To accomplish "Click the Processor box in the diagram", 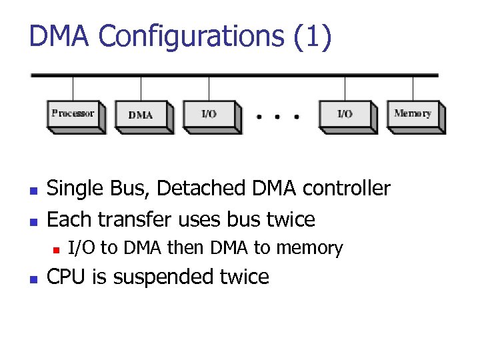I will coord(73,114).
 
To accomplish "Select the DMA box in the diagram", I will coord(141,115).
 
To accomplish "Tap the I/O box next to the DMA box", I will coord(209,115).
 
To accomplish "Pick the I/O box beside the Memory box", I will coord(345,115).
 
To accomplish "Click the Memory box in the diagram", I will coord(413,114).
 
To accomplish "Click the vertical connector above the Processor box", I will coord(73,88).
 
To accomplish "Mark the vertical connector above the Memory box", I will coord(413,88).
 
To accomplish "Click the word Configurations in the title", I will coord(190,37).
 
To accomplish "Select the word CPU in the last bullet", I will coord(67,277).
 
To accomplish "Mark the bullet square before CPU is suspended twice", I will coord(33,278).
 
